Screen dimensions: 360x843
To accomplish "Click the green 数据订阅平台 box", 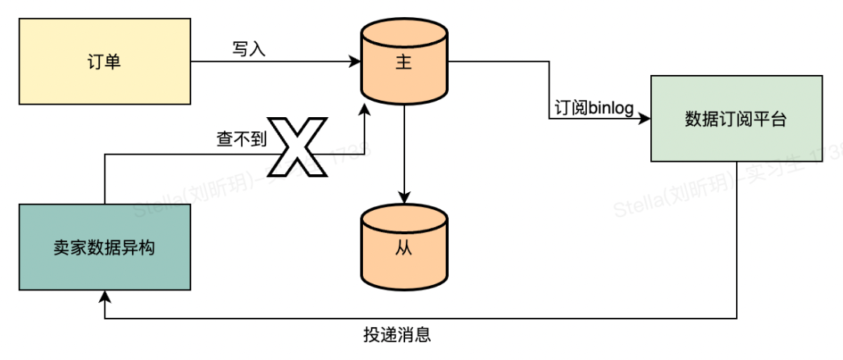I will pyautogui.click(x=736, y=119).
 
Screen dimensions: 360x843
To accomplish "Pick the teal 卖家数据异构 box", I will pyautogui.click(x=105, y=248).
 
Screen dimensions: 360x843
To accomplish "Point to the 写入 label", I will pyautogui.click(x=249, y=48).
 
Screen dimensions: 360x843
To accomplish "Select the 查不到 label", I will pyautogui.click(x=240, y=139).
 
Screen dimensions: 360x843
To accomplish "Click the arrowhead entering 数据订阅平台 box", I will pyautogui.click(x=646, y=119).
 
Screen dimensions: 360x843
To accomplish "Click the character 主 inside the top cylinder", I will pyautogui.click(x=404, y=64).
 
